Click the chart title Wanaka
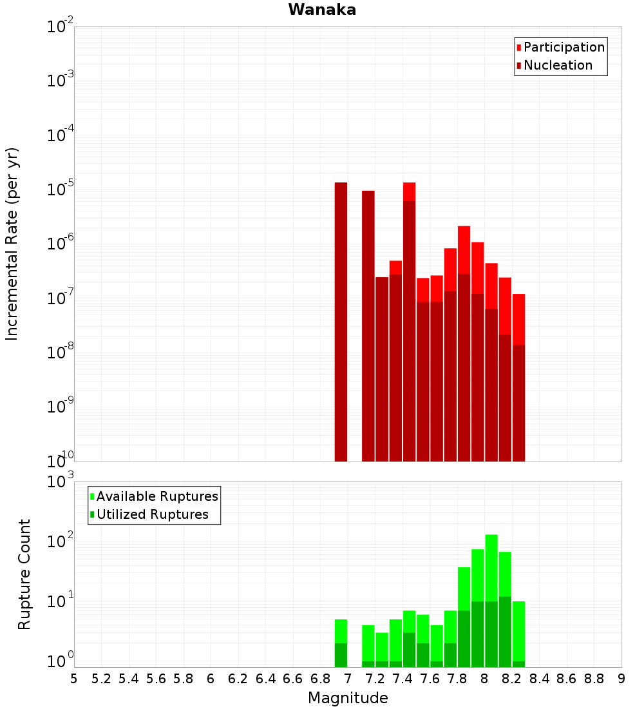(322, 10)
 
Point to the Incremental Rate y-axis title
(12, 244)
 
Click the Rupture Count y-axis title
(24, 574)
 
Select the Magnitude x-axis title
(348, 698)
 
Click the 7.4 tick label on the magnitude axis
(402, 679)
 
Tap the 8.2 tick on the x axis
(512, 679)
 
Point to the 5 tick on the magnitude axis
(74, 679)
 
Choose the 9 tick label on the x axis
(621, 679)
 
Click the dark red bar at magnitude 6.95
(341, 322)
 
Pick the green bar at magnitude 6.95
(341, 645)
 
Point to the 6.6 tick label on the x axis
(293, 679)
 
